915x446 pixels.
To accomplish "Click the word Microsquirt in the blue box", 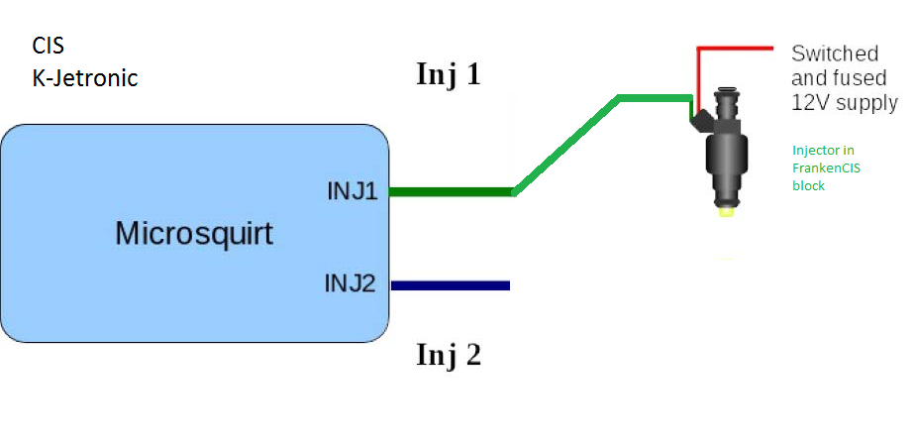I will pyautogui.click(x=193, y=234).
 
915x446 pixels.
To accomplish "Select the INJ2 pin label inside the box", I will pyautogui.click(x=351, y=284).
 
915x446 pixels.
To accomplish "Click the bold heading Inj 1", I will pyautogui.click(x=448, y=74).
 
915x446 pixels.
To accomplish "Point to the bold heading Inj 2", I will pyautogui.click(x=448, y=354).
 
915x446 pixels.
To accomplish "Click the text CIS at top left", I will pyautogui.click(x=48, y=46).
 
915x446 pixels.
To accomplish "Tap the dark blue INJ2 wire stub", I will pyautogui.click(x=451, y=285).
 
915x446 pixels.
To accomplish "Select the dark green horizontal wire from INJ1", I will pyautogui.click(x=451, y=191).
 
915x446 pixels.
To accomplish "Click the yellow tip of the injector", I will pyautogui.click(x=726, y=210).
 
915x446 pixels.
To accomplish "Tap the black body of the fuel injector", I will pyautogui.click(x=727, y=159).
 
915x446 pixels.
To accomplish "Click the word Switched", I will pyautogui.click(x=835, y=54).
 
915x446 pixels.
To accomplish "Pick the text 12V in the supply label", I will pyautogui.click(x=807, y=102).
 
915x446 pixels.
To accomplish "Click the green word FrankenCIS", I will pyautogui.click(x=826, y=167).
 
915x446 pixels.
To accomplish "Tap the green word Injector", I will pyautogui.click(x=815, y=151).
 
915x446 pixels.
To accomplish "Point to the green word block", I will pyautogui.click(x=808, y=184).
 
